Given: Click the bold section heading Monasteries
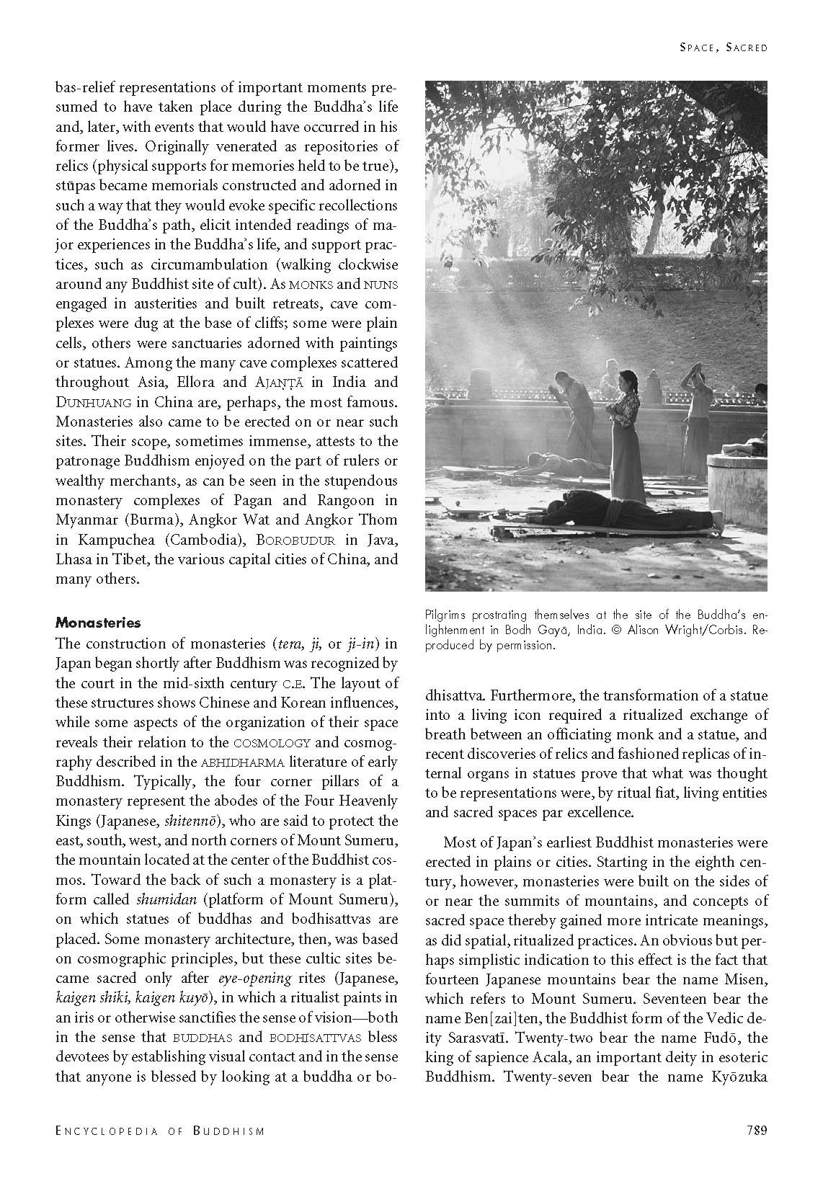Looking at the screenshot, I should click(x=98, y=623).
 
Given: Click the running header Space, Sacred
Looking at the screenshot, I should click(x=724, y=48).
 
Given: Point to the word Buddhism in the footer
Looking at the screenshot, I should click(x=228, y=1131).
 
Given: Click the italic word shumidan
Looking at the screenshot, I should click(x=159, y=899).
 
